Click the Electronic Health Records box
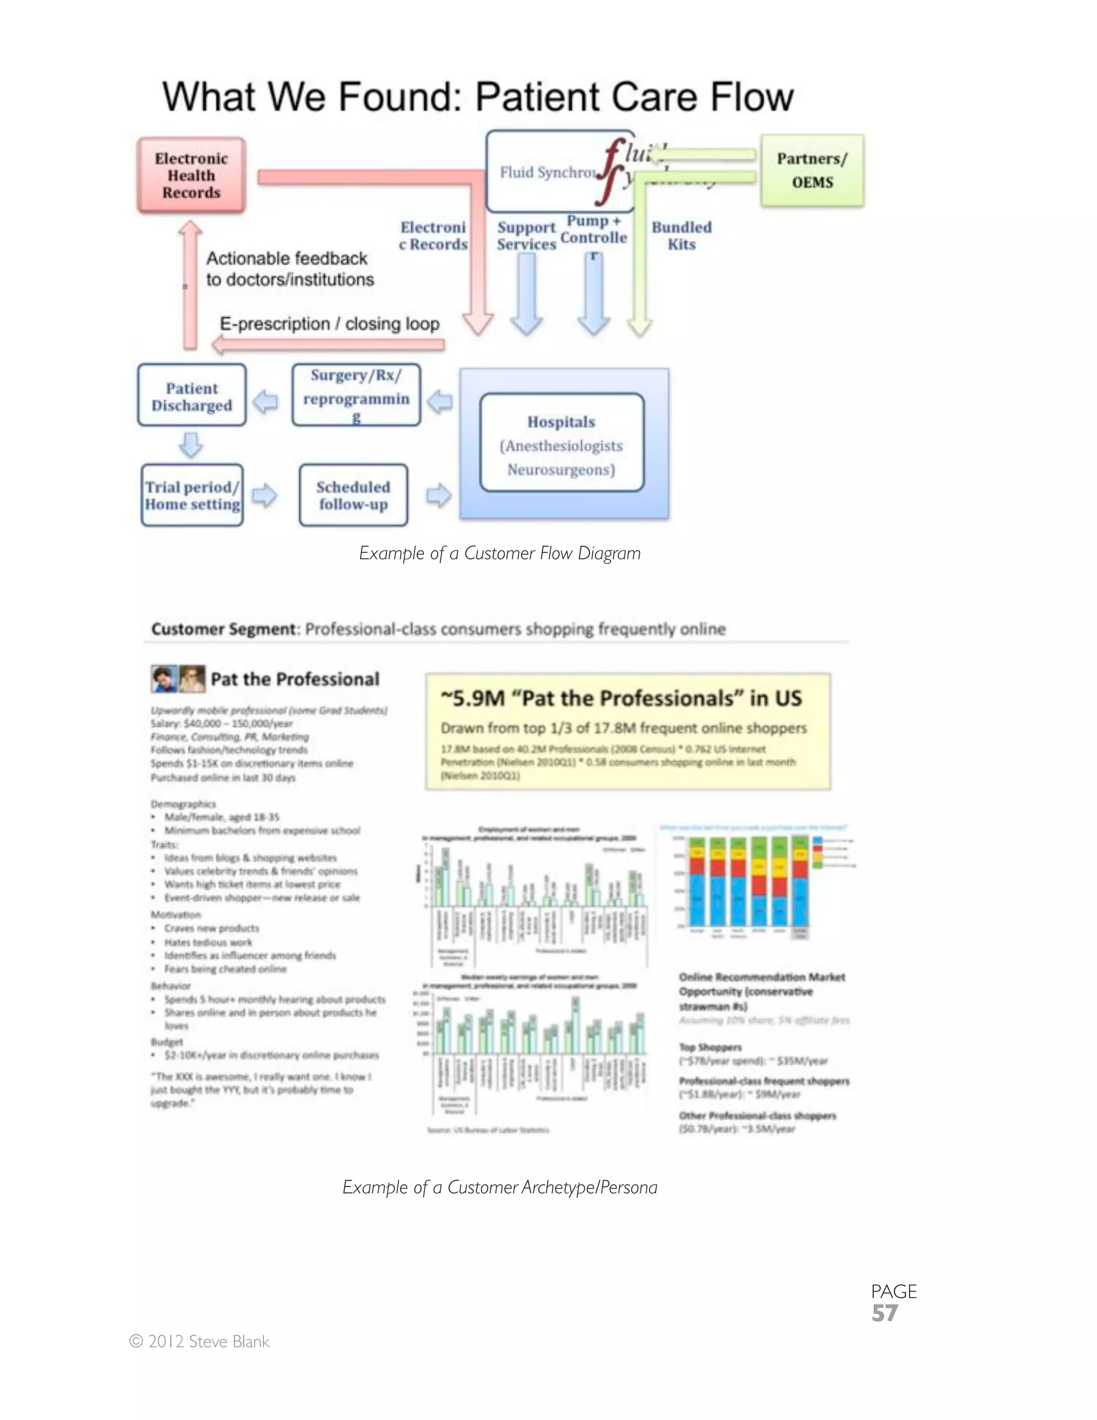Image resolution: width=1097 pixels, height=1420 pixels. point(191,176)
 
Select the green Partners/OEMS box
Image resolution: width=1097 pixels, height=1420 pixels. point(813,170)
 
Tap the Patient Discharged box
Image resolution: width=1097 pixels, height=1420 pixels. point(192,396)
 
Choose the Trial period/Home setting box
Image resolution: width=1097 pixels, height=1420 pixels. point(192,496)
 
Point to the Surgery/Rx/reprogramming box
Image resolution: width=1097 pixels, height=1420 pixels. point(356,395)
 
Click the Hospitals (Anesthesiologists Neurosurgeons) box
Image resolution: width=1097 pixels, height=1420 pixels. point(561,445)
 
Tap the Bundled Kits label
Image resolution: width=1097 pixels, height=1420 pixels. point(682,235)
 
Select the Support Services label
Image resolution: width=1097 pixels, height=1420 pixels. point(527,235)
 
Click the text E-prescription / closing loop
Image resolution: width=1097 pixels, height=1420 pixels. point(329,324)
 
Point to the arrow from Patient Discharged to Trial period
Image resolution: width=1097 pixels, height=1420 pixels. point(191,445)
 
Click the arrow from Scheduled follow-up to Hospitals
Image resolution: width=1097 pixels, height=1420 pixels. point(439,496)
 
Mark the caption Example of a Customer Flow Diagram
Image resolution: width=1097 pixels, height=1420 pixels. point(500,554)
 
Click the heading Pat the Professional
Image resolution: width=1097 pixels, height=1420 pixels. point(295,679)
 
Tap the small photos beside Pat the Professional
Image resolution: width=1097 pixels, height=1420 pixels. point(178,679)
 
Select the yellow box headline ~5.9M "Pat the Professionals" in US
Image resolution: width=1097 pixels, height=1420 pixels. point(621,698)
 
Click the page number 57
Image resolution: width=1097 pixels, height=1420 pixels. point(884,1313)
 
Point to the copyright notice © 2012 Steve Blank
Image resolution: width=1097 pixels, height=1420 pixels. point(199,1342)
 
